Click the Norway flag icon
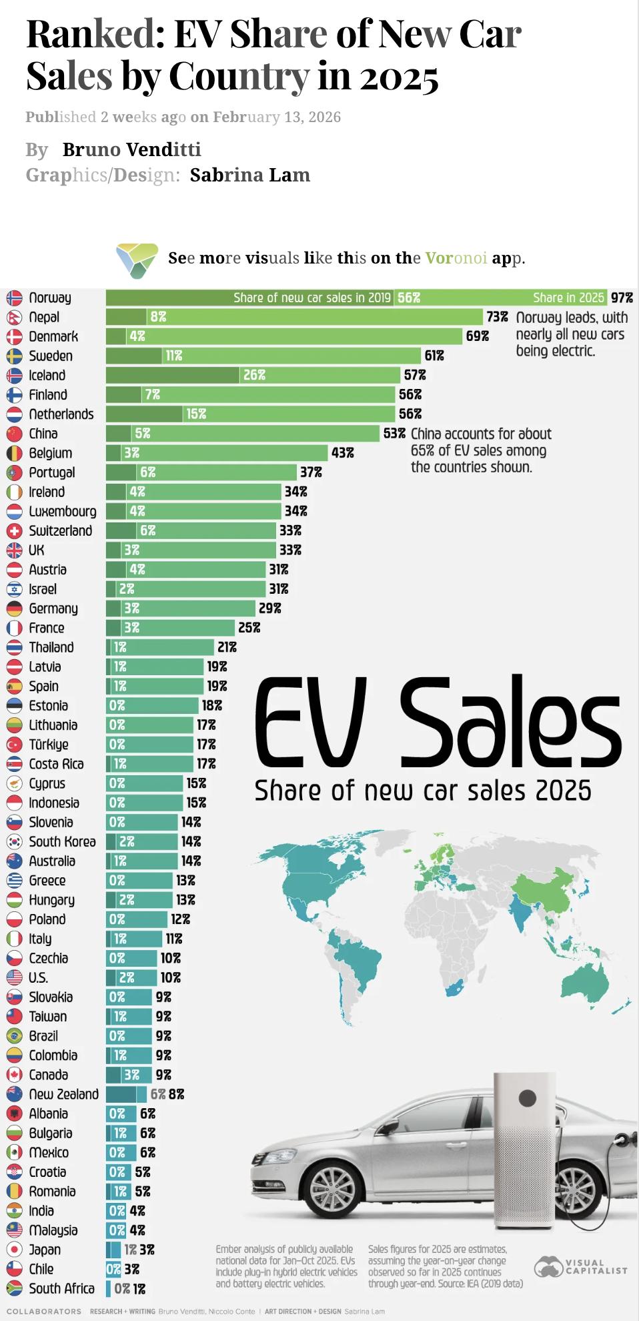click(x=15, y=298)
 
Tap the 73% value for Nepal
click(x=497, y=317)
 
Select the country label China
click(x=43, y=434)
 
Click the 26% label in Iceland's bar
click(x=254, y=375)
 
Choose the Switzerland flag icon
click(x=15, y=531)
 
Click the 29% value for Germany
click(x=270, y=608)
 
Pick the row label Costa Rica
click(x=56, y=764)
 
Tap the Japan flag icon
click(x=15, y=1250)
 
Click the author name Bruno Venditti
click(x=131, y=149)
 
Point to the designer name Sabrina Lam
click(x=250, y=175)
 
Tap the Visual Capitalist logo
click(x=580, y=1266)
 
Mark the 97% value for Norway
click(x=622, y=298)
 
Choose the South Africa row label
click(x=61, y=1288)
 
